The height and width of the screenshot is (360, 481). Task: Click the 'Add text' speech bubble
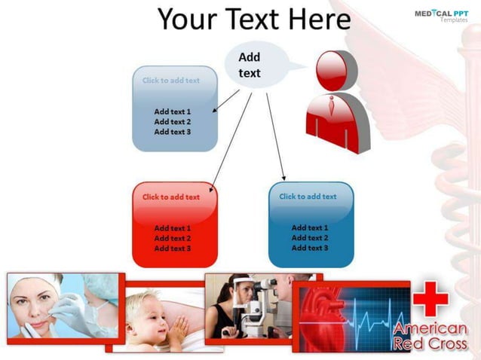coord(250,66)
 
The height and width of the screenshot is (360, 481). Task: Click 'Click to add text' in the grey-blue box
coord(171,81)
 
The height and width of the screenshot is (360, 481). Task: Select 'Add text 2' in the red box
coord(172,238)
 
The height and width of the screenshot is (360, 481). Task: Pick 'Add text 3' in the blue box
coord(310,248)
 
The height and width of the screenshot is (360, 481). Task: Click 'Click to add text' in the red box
coord(171,197)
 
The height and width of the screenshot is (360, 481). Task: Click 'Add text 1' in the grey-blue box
coord(172,111)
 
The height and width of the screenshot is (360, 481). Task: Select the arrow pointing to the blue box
coord(276,136)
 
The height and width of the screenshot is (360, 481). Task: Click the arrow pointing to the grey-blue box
coord(226,101)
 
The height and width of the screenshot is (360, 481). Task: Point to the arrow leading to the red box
coord(230,139)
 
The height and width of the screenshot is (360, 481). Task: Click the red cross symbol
coord(430,299)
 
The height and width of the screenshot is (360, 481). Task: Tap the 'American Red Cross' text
coord(430,337)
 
